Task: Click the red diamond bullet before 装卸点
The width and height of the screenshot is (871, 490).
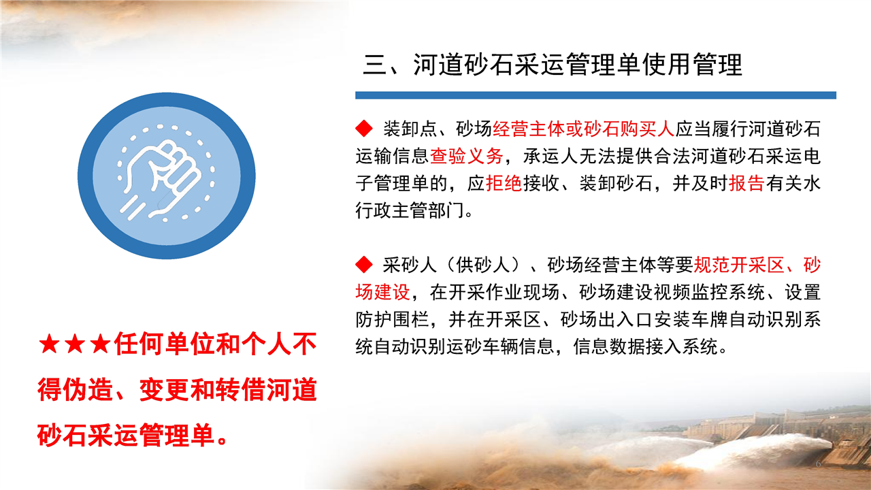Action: pos(364,129)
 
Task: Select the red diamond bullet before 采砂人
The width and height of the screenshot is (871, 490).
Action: pos(364,265)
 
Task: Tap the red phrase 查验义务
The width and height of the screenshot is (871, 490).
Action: pos(467,157)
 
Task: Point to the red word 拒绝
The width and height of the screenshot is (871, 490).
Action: pos(504,184)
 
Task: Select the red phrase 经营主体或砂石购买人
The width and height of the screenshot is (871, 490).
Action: pos(584,129)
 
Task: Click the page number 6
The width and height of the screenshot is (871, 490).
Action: pos(818,464)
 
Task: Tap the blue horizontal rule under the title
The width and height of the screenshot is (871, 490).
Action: pos(595,95)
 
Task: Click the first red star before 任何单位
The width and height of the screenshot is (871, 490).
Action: pos(50,344)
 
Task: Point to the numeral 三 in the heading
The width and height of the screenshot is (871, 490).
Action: pos(375,65)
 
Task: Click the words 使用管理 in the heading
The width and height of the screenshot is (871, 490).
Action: pos(692,65)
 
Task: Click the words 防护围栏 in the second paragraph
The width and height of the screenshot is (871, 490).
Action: pos(392,320)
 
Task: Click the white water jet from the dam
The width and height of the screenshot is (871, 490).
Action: pos(758,447)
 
